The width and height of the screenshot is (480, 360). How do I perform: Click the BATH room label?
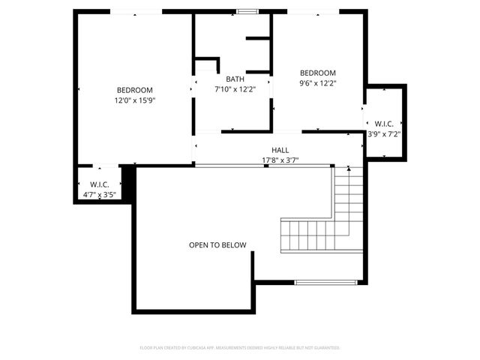[x=235, y=78]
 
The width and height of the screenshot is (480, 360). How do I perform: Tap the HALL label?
[x=280, y=150]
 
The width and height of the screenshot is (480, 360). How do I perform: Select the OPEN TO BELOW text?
[x=217, y=245]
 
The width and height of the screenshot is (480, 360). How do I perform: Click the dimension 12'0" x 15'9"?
[x=135, y=100]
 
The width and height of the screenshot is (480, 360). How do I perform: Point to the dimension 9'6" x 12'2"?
[x=318, y=83]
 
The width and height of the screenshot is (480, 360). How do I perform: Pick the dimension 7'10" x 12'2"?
[x=235, y=88]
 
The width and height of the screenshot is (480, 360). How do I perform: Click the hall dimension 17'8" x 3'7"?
[x=280, y=160]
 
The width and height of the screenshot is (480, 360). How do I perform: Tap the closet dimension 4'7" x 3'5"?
[x=100, y=195]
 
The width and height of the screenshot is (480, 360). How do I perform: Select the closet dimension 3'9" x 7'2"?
[x=384, y=135]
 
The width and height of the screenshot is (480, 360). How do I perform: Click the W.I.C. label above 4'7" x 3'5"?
[x=100, y=184]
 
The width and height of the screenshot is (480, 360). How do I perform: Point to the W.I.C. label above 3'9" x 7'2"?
[x=384, y=124]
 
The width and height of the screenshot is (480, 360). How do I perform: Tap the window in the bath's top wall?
[x=247, y=11]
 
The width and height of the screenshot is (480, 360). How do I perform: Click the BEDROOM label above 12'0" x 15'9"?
[x=135, y=89]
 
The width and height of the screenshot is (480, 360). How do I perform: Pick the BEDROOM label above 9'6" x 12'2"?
[x=318, y=73]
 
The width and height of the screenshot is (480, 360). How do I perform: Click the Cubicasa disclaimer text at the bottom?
[x=240, y=348]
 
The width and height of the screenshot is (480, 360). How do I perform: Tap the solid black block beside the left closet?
[x=127, y=183]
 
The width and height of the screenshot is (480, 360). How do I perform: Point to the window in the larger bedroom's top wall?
[x=136, y=11]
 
